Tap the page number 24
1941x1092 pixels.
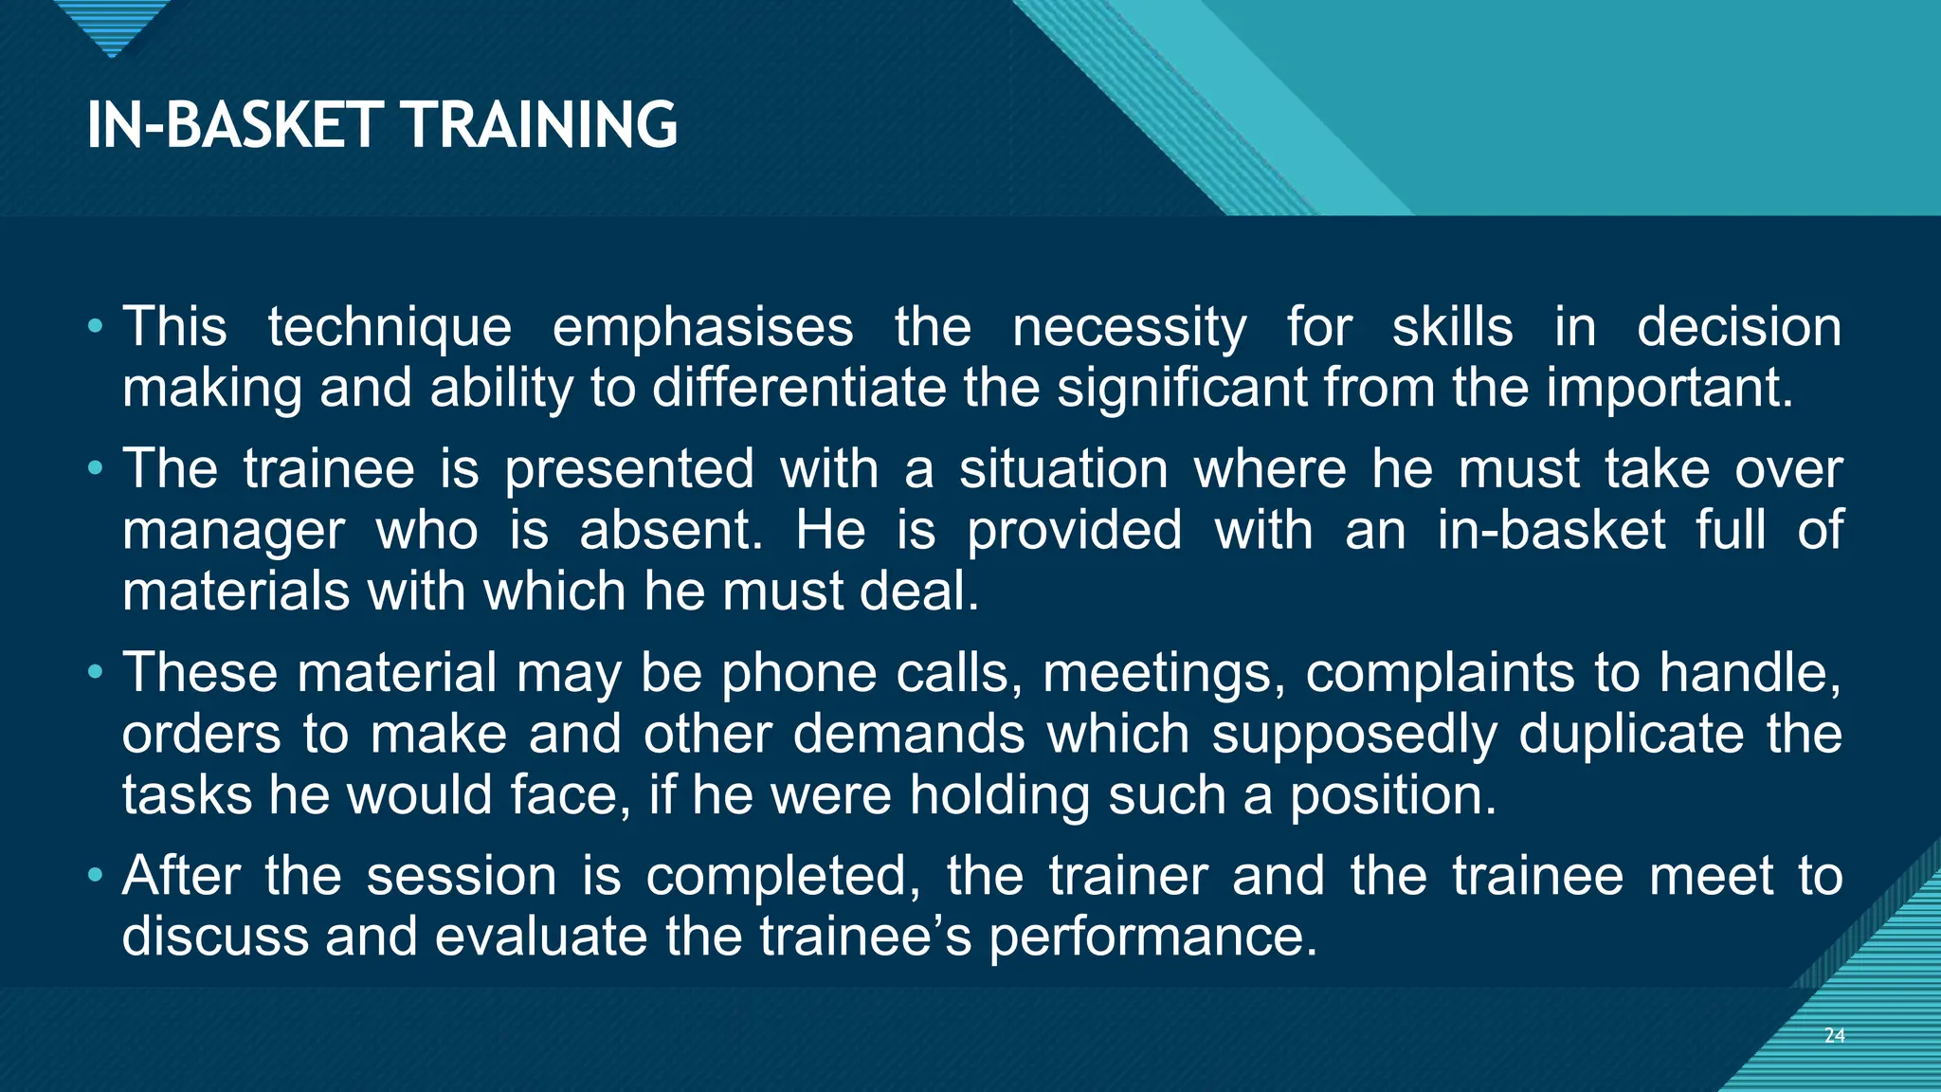[1834, 1035]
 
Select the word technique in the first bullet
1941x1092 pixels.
[390, 328]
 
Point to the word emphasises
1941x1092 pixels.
[702, 328]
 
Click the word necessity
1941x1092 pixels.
[1129, 328]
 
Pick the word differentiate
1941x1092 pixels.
[799, 388]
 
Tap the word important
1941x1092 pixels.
[1670, 388]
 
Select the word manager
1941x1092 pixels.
[233, 531]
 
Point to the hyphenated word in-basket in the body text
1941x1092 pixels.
[1551, 530]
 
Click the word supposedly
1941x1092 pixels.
[1354, 735]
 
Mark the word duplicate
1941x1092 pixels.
[1631, 735]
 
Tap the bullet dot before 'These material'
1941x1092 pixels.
[94, 672]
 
